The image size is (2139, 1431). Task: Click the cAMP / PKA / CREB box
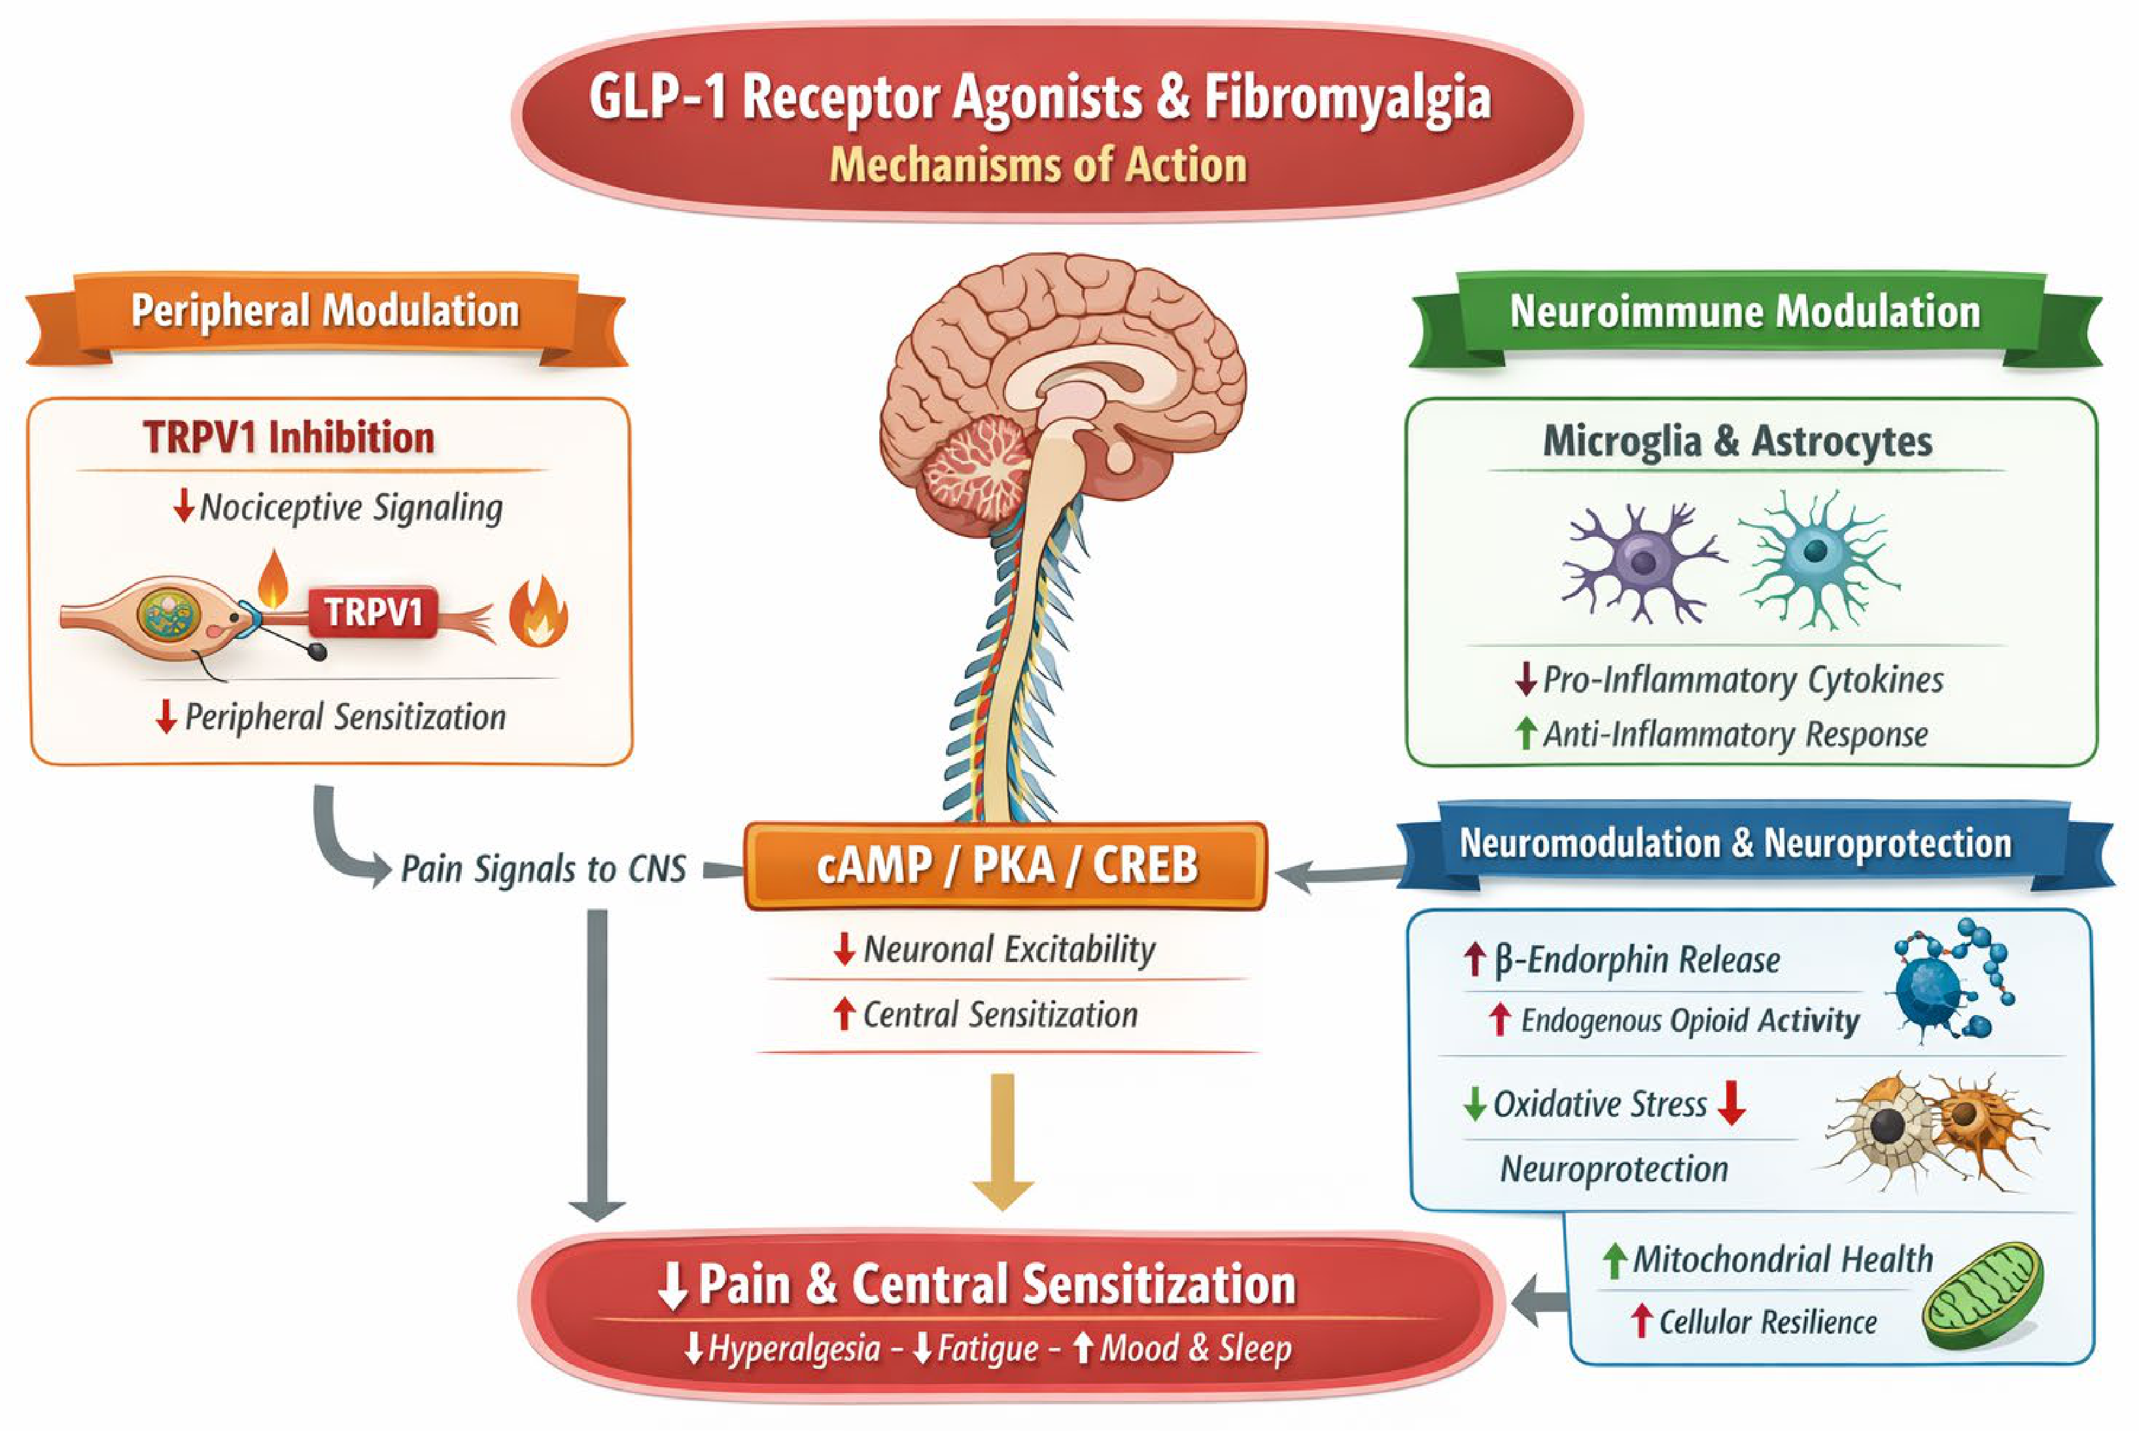tap(1005, 866)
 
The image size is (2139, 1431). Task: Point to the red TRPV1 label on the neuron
tap(374, 612)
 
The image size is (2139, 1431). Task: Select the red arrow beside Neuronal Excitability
tap(844, 949)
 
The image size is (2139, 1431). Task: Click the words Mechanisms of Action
tap(1039, 165)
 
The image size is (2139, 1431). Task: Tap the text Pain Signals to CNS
tap(544, 869)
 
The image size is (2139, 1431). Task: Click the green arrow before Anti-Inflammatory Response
tap(1524, 734)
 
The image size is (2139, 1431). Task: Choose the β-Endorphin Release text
tap(1637, 960)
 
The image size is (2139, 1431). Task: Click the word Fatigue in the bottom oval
tap(988, 1348)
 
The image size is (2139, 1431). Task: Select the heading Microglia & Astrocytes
tap(1737, 441)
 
